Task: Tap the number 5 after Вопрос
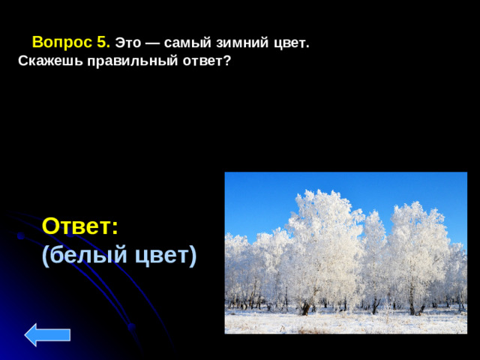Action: (x=103, y=43)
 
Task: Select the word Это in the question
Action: (x=128, y=43)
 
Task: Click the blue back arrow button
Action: (x=47, y=334)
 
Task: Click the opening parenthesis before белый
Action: (x=46, y=256)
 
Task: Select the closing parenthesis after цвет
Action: (x=193, y=256)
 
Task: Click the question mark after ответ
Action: (x=226, y=61)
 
